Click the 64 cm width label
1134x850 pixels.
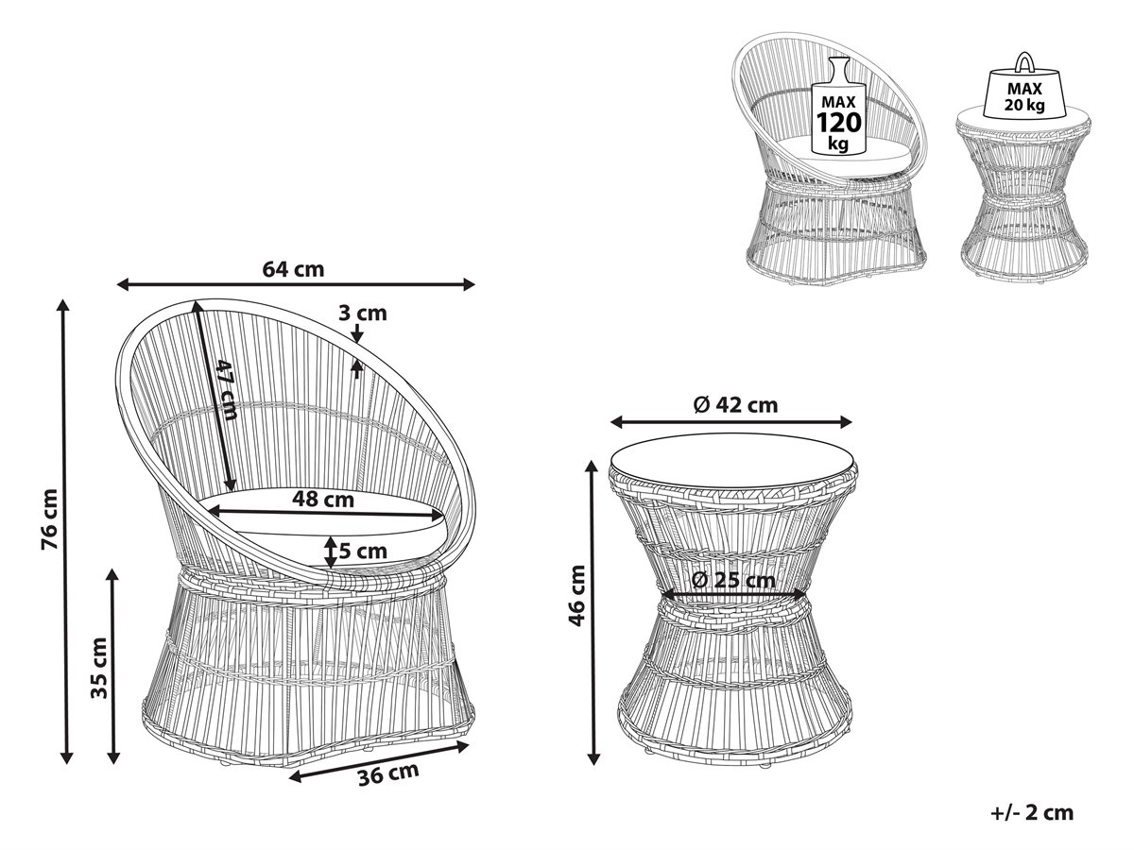point(293,269)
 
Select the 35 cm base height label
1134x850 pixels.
point(99,668)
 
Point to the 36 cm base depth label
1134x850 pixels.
point(388,774)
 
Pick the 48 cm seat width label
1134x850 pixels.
point(323,499)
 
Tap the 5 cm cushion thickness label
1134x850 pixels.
point(363,552)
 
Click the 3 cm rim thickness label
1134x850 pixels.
point(363,314)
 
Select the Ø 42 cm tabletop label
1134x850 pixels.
point(735,405)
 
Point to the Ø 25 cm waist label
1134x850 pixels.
point(733,581)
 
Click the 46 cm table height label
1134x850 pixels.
point(576,596)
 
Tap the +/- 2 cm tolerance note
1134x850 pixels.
point(1032,813)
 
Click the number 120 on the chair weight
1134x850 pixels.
point(838,123)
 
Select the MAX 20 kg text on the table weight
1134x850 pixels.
point(1025,97)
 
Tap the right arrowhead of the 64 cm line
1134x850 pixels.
point(468,284)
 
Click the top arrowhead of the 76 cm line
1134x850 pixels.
point(63,305)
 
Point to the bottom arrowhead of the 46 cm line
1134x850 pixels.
point(594,758)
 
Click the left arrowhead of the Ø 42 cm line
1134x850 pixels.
point(616,422)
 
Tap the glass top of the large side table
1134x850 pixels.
point(731,459)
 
